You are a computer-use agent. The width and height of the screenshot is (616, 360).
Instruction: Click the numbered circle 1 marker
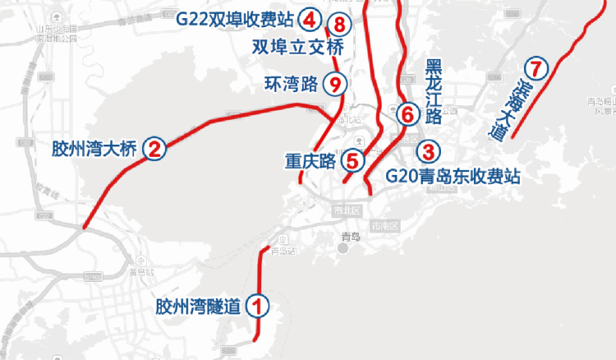[258, 307]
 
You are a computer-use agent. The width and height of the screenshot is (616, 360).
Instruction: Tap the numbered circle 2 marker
[154, 148]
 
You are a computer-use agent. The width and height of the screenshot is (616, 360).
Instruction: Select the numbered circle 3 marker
[428, 151]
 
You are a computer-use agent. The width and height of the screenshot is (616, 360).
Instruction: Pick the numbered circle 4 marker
[310, 18]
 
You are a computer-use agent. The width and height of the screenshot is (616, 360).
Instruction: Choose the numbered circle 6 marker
[407, 113]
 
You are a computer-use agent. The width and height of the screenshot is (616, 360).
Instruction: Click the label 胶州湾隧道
[199, 307]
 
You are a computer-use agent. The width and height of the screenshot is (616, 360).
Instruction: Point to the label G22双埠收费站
[237, 18]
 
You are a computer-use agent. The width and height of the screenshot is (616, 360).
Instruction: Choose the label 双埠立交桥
[297, 47]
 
